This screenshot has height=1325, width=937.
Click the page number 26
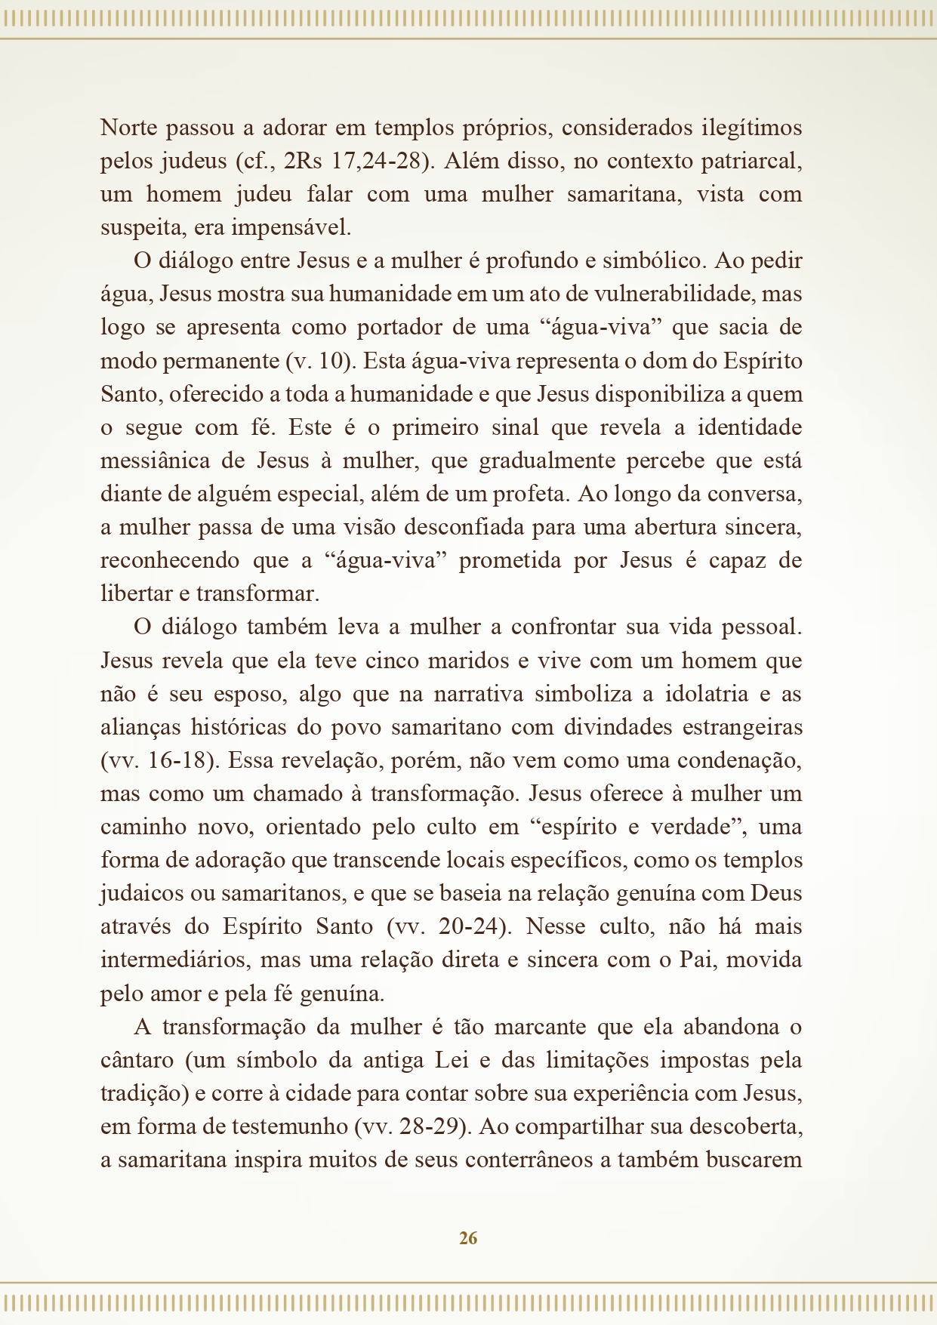click(x=468, y=1238)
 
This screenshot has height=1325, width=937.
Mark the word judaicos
click(x=141, y=893)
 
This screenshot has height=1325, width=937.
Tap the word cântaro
click(x=137, y=1060)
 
